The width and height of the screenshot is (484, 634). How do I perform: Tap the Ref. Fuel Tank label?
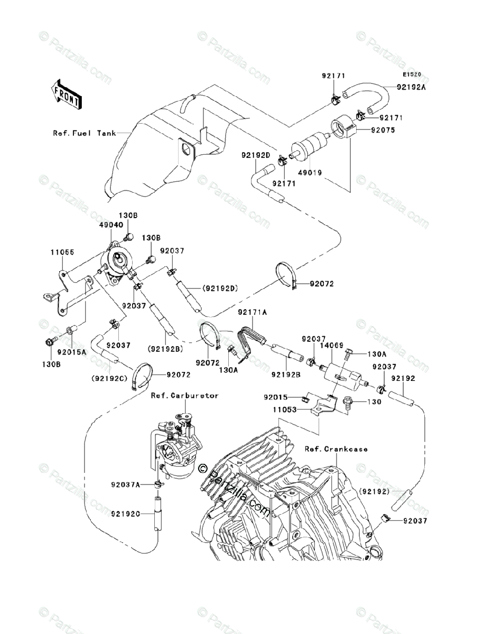(x=85, y=133)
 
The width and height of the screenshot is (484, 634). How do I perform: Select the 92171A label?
(x=252, y=313)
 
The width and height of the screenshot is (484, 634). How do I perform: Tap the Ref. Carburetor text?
(x=184, y=395)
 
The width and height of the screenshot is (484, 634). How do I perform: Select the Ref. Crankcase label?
(x=336, y=449)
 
